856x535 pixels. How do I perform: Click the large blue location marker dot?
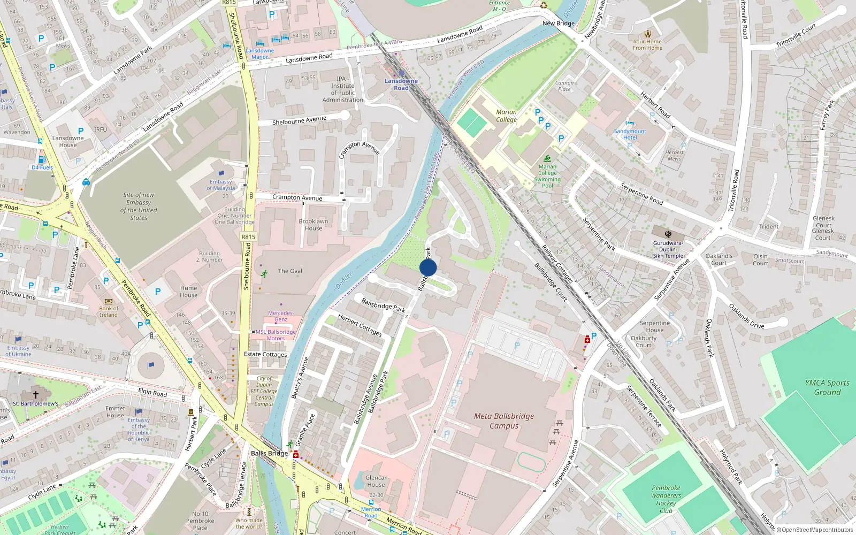click(428, 267)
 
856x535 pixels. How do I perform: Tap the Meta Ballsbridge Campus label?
click(503, 421)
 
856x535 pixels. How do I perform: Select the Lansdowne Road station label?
click(401, 85)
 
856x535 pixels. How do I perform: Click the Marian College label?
click(506, 116)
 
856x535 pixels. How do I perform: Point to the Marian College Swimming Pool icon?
click(547, 158)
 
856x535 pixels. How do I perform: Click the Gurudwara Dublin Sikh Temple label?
click(668, 249)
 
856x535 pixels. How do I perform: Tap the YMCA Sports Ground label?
click(827, 387)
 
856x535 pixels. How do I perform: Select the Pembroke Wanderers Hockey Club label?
click(666, 499)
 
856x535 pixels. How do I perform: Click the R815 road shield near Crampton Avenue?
click(248, 236)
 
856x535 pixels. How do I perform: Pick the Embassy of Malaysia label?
click(220, 185)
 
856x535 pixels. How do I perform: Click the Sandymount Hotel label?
click(630, 134)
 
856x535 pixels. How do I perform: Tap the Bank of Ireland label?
click(109, 311)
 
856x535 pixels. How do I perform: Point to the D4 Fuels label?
click(42, 167)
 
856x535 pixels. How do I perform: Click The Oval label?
click(290, 271)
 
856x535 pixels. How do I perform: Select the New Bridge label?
click(558, 24)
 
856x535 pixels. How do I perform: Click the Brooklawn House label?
click(314, 225)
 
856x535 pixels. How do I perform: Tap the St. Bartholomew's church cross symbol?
click(36, 395)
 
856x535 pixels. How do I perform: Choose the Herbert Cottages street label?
click(360, 325)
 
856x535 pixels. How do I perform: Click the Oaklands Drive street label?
click(746, 316)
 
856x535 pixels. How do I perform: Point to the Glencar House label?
click(376, 481)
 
